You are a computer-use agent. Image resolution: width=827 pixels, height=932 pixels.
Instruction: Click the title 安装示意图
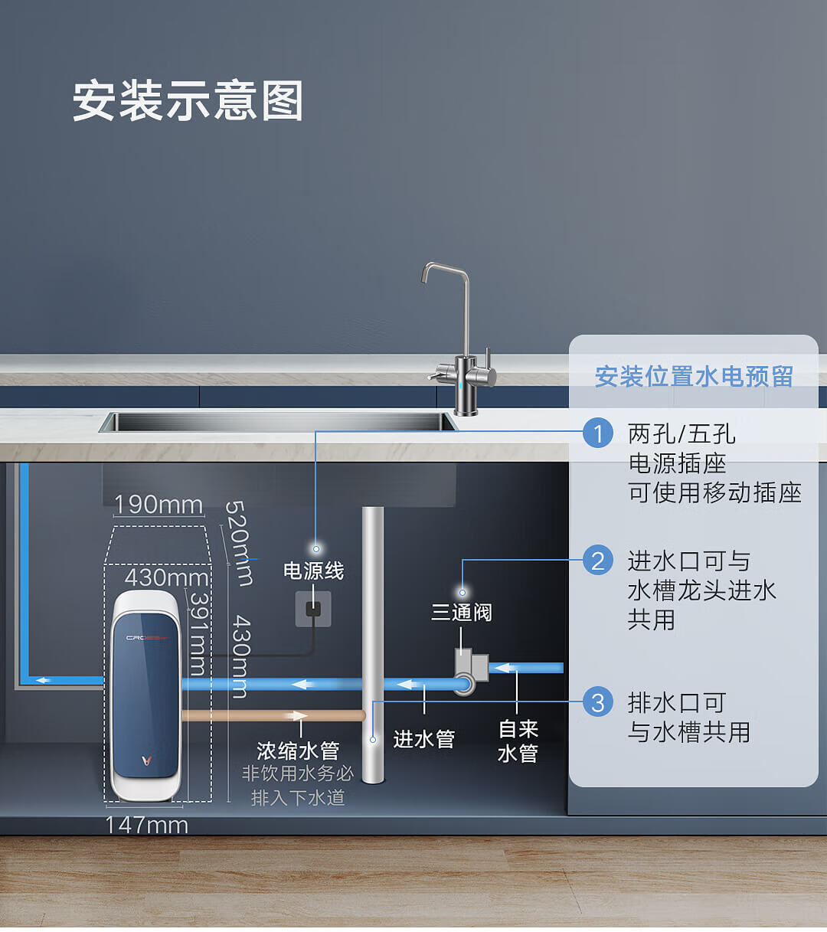(x=188, y=101)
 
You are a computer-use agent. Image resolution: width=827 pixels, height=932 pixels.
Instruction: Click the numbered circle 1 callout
(x=598, y=433)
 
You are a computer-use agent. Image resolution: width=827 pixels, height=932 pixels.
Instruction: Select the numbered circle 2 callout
(x=598, y=560)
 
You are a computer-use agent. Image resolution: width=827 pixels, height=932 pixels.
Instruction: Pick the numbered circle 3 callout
(x=598, y=701)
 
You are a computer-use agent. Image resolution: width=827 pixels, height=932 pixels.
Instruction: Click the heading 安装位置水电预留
(x=694, y=376)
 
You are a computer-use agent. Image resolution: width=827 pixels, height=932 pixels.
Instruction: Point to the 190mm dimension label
(x=159, y=505)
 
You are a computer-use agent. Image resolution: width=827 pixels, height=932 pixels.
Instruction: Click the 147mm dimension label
(x=146, y=825)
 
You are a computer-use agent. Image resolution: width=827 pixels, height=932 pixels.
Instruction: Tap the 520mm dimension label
(x=239, y=543)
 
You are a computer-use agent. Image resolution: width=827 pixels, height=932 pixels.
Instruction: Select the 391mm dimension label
(x=198, y=633)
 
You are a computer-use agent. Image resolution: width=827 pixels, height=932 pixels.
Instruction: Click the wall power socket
(x=313, y=609)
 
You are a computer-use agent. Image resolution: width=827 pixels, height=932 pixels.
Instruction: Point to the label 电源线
(x=313, y=571)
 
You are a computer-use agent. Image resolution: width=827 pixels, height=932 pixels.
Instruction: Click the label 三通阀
(x=461, y=613)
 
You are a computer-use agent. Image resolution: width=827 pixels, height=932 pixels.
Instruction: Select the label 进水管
(x=423, y=739)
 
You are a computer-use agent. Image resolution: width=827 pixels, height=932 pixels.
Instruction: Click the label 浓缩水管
(x=298, y=751)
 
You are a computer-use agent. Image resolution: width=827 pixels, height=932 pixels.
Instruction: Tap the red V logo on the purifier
(x=145, y=760)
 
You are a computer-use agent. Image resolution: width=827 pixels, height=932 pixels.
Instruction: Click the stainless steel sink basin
(x=278, y=421)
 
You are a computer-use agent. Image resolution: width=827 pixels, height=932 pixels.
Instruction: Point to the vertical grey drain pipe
(x=373, y=643)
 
